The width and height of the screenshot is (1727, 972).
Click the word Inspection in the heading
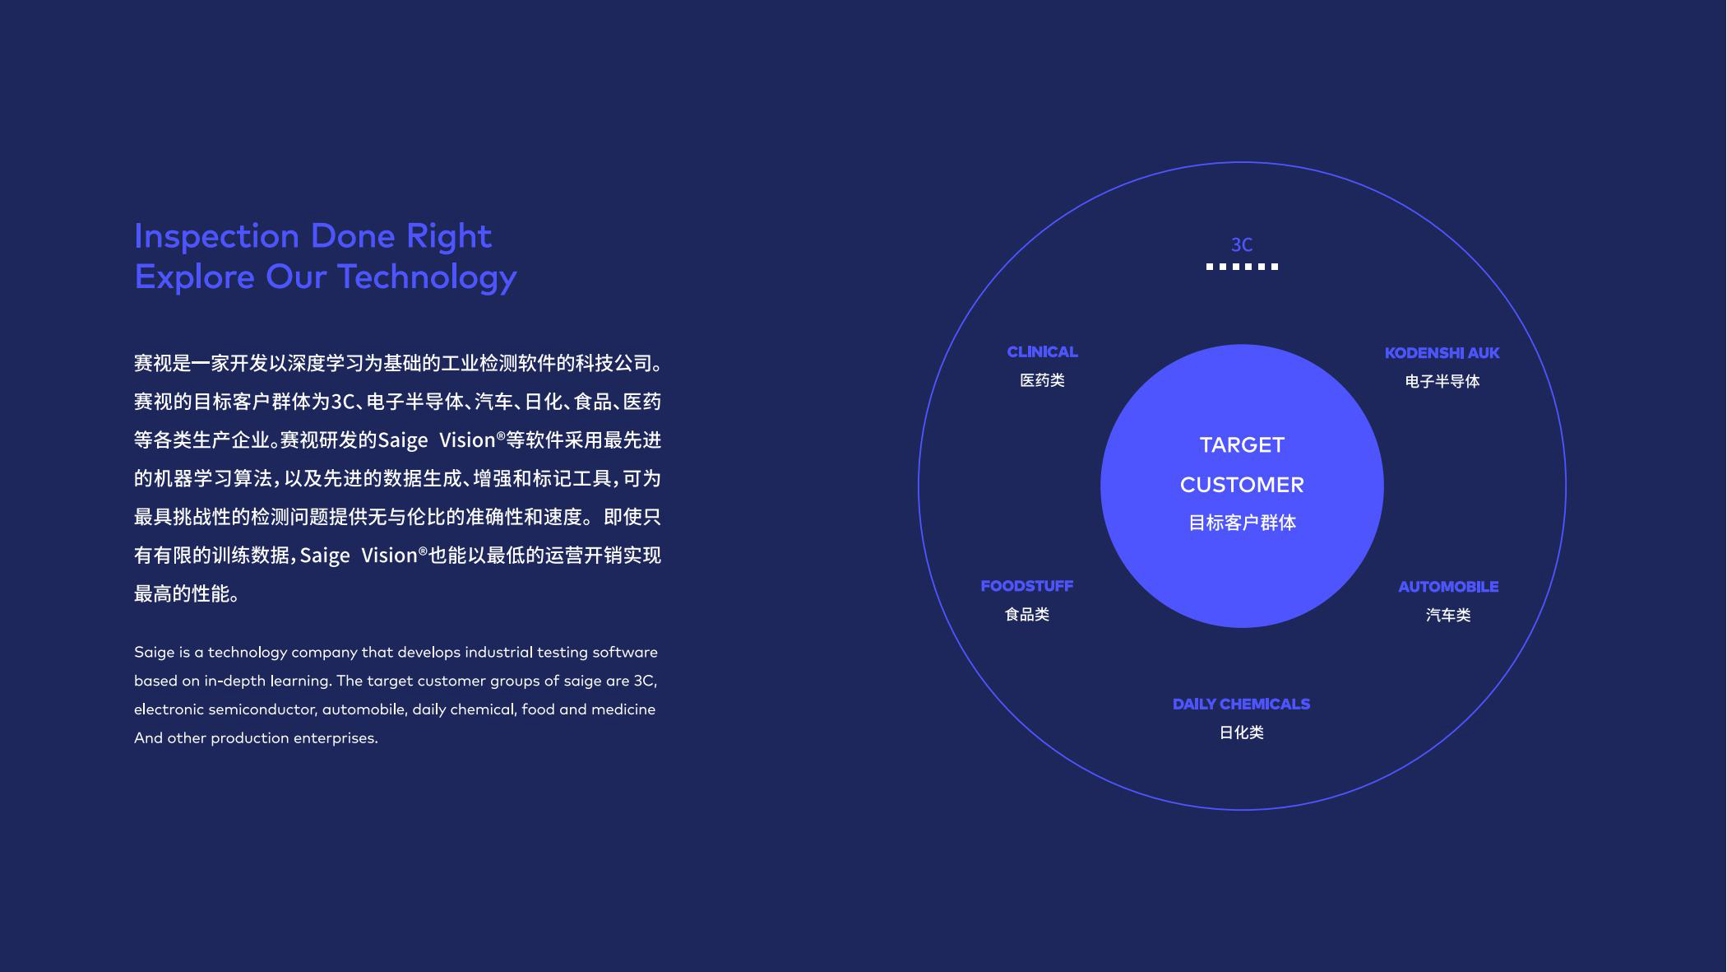tap(216, 237)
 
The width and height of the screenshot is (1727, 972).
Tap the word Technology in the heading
tap(427, 277)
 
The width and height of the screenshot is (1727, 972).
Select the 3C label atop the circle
tap(1242, 244)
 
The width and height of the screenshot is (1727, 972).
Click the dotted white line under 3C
tap(1242, 267)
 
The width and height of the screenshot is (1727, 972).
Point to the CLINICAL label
tap(1042, 351)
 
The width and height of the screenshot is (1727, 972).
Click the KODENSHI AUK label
tap(1442, 353)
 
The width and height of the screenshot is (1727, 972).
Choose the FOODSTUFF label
tap(1026, 586)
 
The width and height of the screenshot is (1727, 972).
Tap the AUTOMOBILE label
tap(1448, 587)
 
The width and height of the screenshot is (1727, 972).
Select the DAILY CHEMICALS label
tap(1241, 704)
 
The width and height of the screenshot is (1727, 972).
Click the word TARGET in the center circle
tap(1242, 445)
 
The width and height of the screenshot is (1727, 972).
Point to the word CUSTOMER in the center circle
tap(1242, 485)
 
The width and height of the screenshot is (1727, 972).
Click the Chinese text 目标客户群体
tap(1242, 523)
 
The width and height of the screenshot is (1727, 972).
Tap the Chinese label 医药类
tap(1042, 380)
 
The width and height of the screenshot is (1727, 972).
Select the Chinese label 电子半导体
tap(1442, 381)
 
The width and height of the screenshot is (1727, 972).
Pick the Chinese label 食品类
tap(1027, 615)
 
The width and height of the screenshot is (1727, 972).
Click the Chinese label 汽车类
tap(1448, 616)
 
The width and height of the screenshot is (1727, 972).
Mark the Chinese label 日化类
tap(1241, 732)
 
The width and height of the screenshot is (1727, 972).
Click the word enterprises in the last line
tap(336, 738)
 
